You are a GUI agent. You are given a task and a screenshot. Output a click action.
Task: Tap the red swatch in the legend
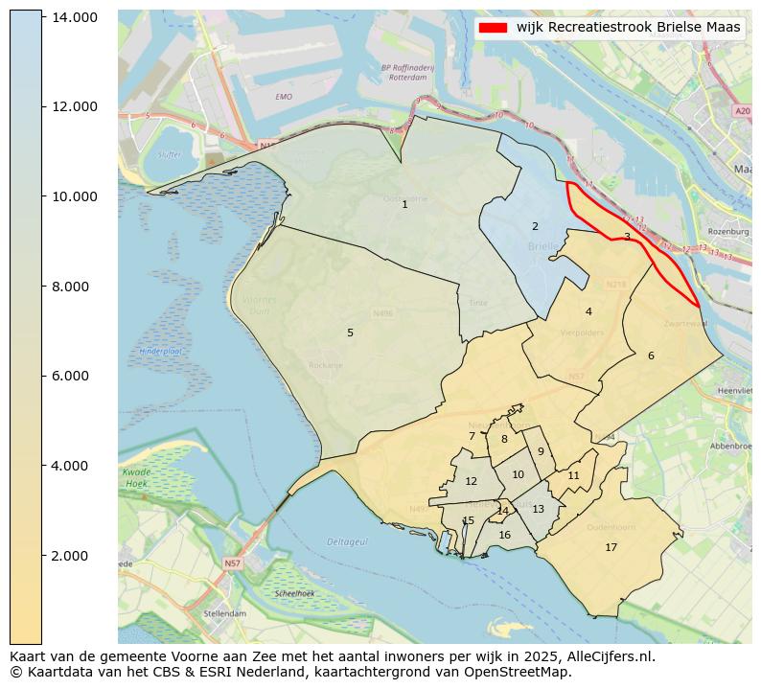pos(494,28)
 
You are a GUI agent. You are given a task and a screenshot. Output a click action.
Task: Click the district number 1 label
pos(404,204)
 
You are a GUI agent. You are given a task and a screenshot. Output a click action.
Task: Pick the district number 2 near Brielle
pos(535,227)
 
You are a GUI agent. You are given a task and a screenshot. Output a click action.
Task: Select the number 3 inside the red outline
pos(627,237)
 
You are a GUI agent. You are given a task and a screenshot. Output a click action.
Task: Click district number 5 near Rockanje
pos(350,333)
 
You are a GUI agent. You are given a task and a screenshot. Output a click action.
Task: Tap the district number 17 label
pos(611,547)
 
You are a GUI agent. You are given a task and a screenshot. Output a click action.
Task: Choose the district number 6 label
pos(651,356)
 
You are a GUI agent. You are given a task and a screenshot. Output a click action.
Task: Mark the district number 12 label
pos(471,482)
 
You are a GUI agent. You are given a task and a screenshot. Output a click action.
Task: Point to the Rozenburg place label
pos(727,232)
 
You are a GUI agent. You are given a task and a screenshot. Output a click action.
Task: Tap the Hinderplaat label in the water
pos(160,352)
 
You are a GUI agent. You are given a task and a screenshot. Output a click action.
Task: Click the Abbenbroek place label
pos(730,447)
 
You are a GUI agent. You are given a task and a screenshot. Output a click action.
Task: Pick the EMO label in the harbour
pos(284,97)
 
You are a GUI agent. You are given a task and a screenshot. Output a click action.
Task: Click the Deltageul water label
pos(347,541)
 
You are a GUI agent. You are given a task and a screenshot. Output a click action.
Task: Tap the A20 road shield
pos(743,111)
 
